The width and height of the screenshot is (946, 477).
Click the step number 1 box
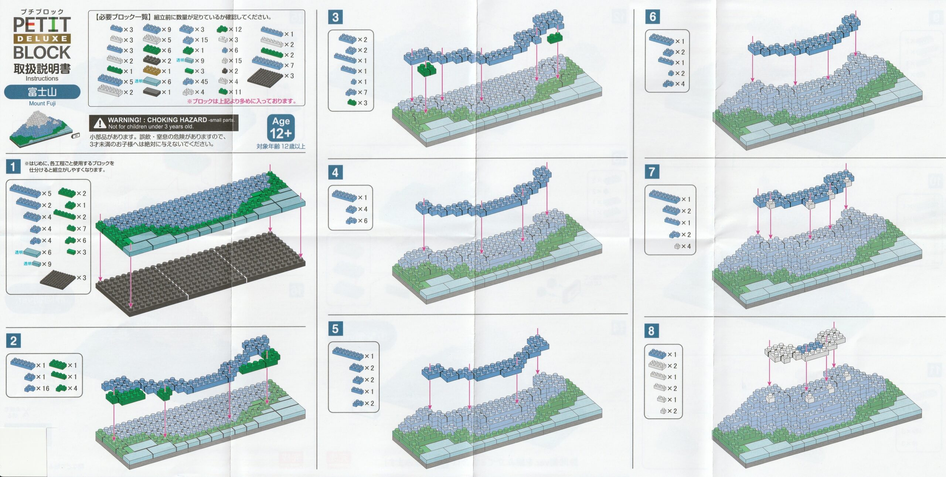(x=13, y=167)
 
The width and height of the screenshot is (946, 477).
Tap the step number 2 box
(x=13, y=341)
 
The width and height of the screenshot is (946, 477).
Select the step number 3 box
(x=335, y=17)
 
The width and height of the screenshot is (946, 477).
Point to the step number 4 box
(x=335, y=173)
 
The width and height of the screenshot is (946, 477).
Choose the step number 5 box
(x=335, y=329)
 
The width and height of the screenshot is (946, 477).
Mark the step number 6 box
(x=653, y=17)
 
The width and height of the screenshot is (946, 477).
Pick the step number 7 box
(x=652, y=172)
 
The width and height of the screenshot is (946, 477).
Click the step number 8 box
(x=651, y=331)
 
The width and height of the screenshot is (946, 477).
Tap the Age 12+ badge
(x=281, y=128)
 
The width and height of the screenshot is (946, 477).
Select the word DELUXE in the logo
(x=42, y=38)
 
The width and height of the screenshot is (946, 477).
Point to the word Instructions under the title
(x=42, y=78)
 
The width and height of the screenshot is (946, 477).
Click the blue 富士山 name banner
(x=42, y=92)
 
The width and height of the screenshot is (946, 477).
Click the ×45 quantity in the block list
(x=201, y=82)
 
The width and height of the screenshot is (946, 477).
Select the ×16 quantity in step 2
(x=43, y=389)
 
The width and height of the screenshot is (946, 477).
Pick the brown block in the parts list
(x=152, y=70)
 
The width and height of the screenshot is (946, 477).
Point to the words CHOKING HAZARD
(x=177, y=120)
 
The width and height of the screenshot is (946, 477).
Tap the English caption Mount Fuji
(x=42, y=104)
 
